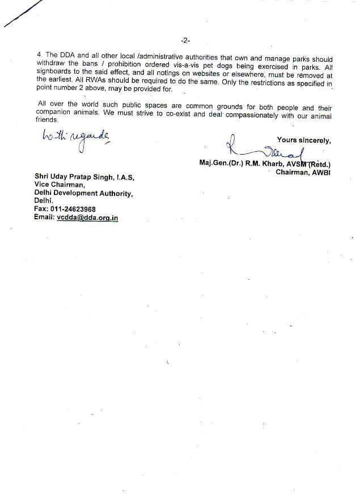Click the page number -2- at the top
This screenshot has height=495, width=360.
pos(185,41)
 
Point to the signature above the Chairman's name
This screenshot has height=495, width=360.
pos(266,150)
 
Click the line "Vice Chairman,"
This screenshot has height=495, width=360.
pos(60,185)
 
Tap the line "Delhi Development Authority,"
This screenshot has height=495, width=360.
pos(83,193)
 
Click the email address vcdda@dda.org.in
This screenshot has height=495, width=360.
pos(87,217)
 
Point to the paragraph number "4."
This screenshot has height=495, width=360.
pos(38,59)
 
